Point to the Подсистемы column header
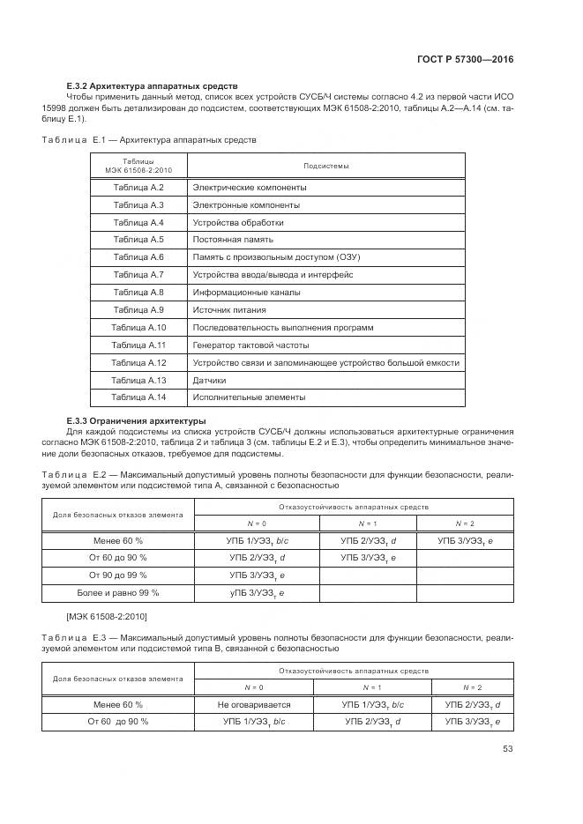pyautogui.click(x=325, y=166)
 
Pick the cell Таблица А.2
pyautogui.click(x=138, y=188)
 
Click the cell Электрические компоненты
pyautogui.click(x=250, y=188)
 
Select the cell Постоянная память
pyautogui.click(x=233, y=239)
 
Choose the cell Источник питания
pyautogui.click(x=229, y=309)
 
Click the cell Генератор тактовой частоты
pyautogui.click(x=250, y=345)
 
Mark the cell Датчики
pyautogui.click(x=209, y=380)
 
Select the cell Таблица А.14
pyautogui.click(x=138, y=397)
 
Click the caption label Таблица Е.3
pyautogui.click(x=73, y=638)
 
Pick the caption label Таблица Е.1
pyautogui.click(x=73, y=139)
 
